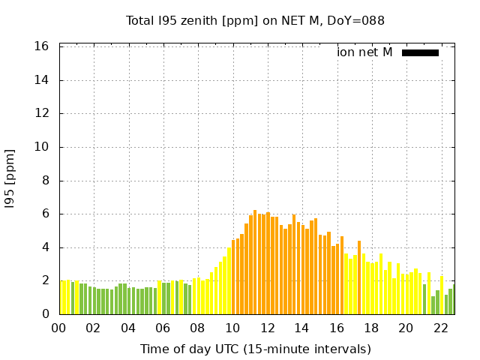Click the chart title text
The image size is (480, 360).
[255, 20]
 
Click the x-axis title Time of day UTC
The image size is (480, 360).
[255, 349]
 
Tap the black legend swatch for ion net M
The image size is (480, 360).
[420, 52]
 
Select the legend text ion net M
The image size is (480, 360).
[364, 52]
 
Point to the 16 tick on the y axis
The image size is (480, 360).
[42, 46]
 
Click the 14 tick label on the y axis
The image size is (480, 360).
[42, 80]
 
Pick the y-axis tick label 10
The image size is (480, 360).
[42, 147]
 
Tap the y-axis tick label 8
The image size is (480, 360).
[45, 181]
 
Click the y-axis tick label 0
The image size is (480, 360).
[45, 314]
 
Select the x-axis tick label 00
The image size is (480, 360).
[58, 328]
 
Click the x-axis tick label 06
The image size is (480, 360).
[163, 328]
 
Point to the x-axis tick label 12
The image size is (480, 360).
[267, 328]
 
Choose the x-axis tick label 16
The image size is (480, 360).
[336, 328]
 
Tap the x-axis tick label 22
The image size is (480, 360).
[440, 328]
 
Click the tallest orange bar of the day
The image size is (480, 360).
[255, 262]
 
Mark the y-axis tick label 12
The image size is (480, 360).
[42, 114]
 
